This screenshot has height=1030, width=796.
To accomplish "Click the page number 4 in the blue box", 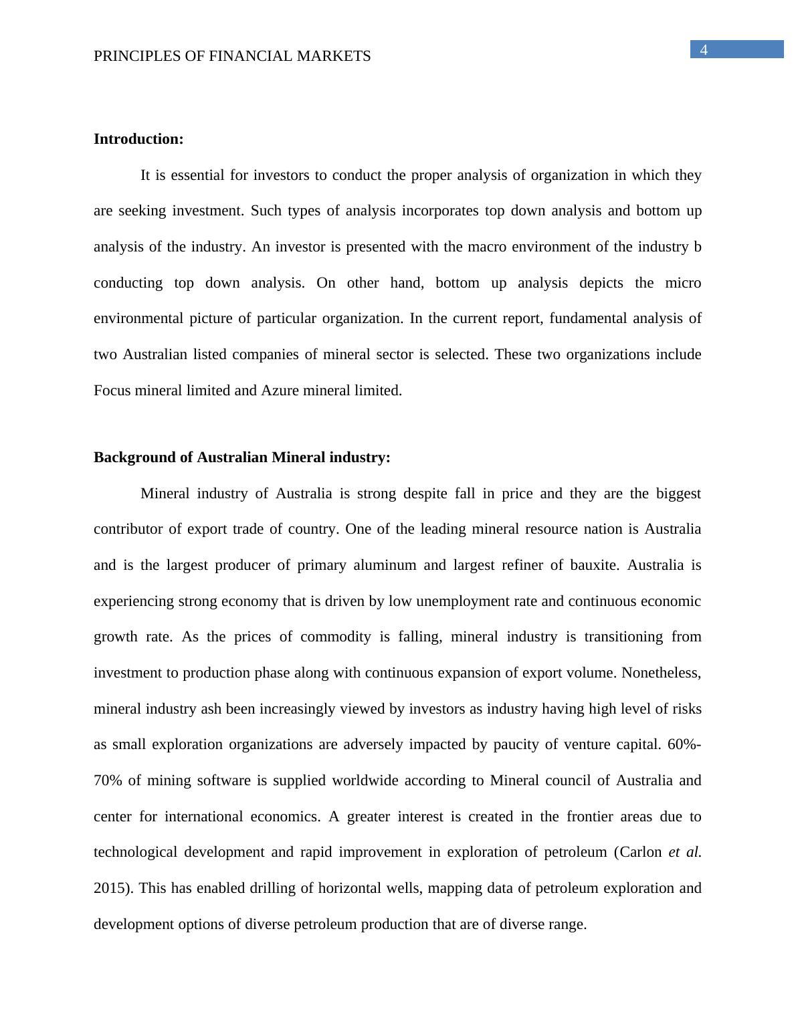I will coord(704,49).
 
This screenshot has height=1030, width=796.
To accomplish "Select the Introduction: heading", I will coord(138,139).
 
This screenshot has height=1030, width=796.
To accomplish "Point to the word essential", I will coord(198,175).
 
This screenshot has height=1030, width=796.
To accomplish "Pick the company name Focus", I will coord(112,391).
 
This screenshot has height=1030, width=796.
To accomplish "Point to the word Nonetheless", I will coord(661,673).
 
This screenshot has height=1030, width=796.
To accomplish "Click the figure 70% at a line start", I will coord(106,781).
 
